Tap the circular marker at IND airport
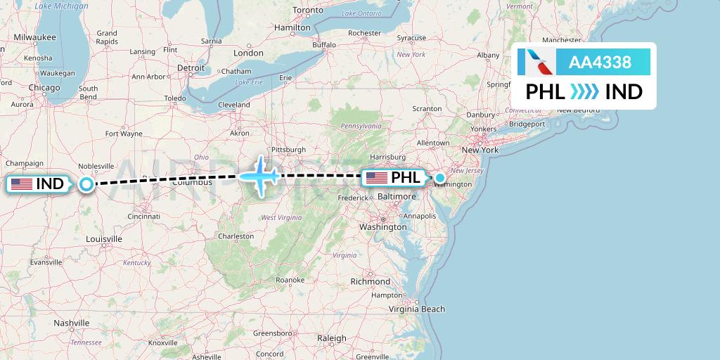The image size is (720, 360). click(86, 184)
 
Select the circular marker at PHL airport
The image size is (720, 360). click(440, 178)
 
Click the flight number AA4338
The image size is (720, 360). click(600, 63)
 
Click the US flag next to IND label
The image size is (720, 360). click(21, 184)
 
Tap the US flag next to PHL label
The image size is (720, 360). click(377, 178)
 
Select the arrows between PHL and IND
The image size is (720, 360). click(584, 92)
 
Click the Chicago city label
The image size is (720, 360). click(44, 87)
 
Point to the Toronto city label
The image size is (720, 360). click(307, 11)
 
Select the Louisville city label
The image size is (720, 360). click(105, 239)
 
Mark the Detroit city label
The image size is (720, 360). click(191, 67)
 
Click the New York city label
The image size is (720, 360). click(480, 150)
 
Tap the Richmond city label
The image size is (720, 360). click(370, 281)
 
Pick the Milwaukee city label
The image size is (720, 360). click(34, 37)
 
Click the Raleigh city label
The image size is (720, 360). click(332, 338)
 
